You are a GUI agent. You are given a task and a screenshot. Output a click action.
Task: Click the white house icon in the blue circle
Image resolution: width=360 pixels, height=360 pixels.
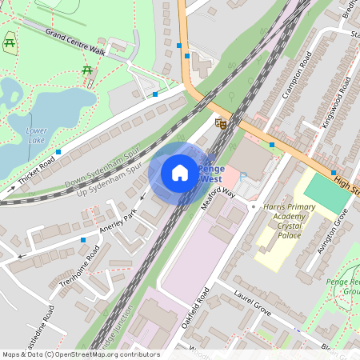pos(180,172)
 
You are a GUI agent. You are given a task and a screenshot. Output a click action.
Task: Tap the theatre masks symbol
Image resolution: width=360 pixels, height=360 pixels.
pos(222,122)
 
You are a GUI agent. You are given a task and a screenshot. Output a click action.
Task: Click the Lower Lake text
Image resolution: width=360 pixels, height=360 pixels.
pos(37,135)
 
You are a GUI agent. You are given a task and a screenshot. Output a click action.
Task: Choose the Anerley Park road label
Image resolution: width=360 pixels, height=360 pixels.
pos(118,223)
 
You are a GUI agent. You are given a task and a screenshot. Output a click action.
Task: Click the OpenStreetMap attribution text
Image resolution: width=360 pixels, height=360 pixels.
pos(80,354)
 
